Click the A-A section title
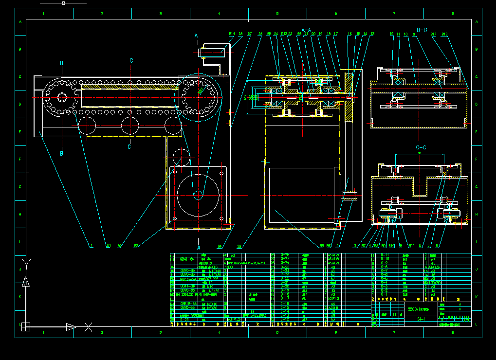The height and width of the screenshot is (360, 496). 306,30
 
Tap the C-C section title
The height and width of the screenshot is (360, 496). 421,147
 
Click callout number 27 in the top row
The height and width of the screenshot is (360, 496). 249,34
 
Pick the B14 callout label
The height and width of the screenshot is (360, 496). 232,34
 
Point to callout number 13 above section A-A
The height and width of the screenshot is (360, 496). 372,34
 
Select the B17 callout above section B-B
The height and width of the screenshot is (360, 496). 433,34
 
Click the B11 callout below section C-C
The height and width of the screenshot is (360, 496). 411,246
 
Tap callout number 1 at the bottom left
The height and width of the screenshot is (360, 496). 91,246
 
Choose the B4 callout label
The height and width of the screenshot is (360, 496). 220,246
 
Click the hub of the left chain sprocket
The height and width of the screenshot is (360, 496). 62,97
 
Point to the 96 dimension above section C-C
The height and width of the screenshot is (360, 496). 420,153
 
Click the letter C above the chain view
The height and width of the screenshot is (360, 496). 131,61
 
